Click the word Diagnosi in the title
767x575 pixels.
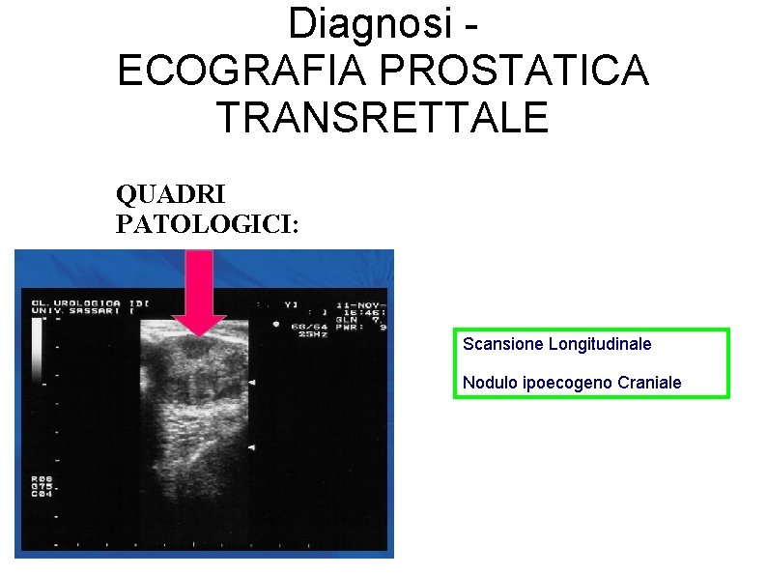click(x=370, y=22)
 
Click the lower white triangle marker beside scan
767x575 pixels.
click(x=251, y=448)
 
